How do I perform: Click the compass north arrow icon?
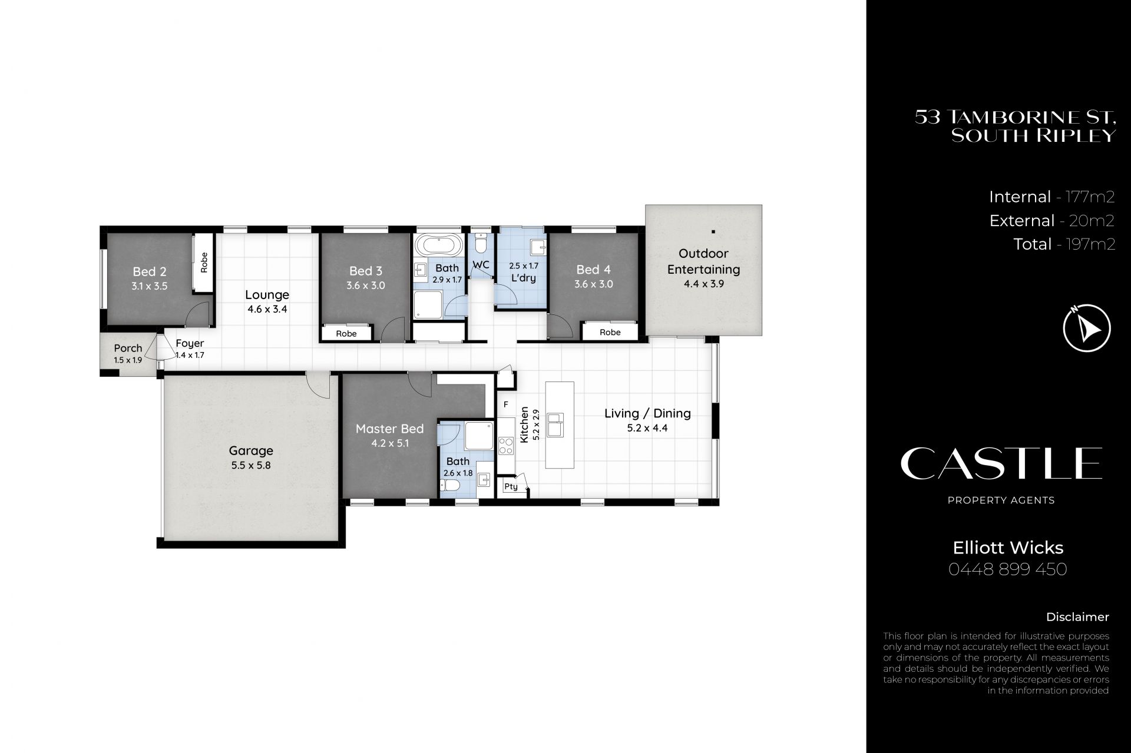(x=1087, y=328)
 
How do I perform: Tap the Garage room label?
(x=251, y=451)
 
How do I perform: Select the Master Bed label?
(x=389, y=429)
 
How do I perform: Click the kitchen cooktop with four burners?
(x=506, y=445)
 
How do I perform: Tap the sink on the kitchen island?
(x=555, y=424)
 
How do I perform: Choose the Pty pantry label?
(x=511, y=487)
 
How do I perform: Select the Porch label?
(x=128, y=348)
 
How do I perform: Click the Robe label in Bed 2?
(x=204, y=262)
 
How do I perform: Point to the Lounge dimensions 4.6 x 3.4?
(x=267, y=309)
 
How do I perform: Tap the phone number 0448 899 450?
(x=1008, y=569)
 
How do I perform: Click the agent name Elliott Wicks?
(x=1008, y=548)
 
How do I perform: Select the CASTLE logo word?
(x=1001, y=463)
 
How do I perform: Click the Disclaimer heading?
(x=1077, y=617)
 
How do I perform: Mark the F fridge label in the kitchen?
(x=505, y=405)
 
